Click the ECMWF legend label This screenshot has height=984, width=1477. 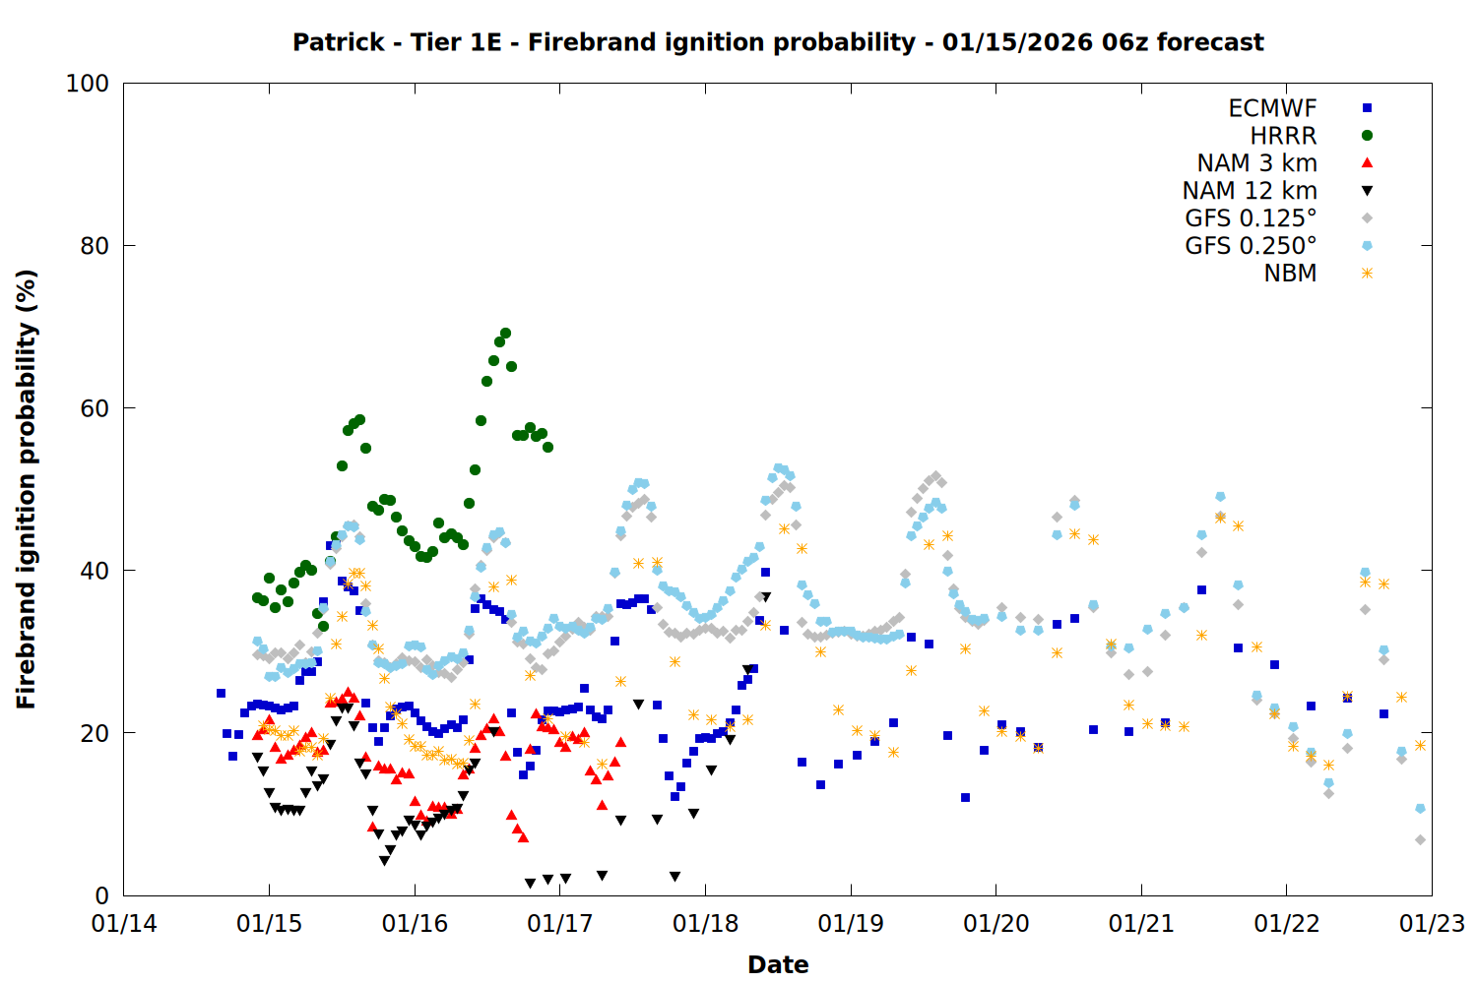click(x=1272, y=108)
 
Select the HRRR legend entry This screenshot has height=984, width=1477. click(x=1283, y=136)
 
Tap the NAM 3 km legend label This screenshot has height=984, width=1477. click(x=1256, y=163)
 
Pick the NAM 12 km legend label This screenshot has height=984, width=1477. click(x=1250, y=191)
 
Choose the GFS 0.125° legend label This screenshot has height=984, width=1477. click(x=1251, y=218)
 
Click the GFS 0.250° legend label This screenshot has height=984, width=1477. click(x=1251, y=246)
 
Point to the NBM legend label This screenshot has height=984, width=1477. click(x=1290, y=274)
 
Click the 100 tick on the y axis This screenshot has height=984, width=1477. click(x=88, y=84)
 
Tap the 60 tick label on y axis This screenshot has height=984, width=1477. click(x=95, y=408)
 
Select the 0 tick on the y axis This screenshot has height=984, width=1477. click(x=101, y=895)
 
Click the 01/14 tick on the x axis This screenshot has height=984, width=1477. click(x=124, y=924)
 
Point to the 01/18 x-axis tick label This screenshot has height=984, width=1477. click(x=705, y=924)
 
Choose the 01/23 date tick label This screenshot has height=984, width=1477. click(x=1432, y=924)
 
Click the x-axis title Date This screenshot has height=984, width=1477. click(x=778, y=964)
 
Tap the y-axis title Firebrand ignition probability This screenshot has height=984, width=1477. click(x=27, y=489)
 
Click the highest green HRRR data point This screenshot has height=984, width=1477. click(x=505, y=333)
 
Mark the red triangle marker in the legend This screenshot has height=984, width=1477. click(x=1367, y=163)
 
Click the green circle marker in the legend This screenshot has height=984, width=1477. click(x=1367, y=136)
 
